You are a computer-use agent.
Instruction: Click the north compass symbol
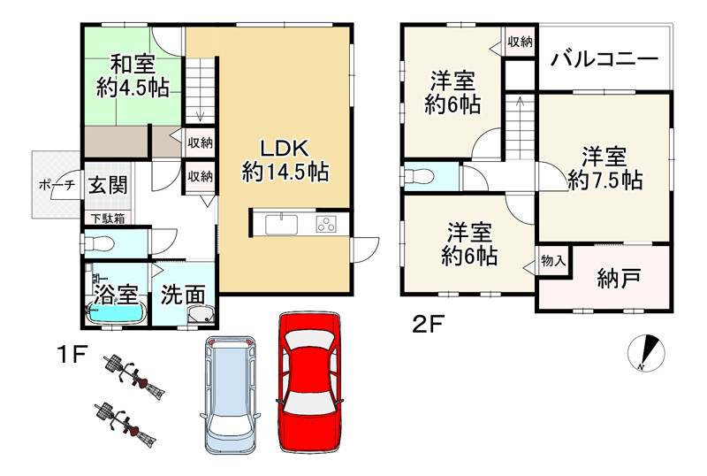coord(647,353)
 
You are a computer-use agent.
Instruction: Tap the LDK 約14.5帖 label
coord(285,159)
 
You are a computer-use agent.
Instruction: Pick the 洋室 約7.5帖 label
coord(604,168)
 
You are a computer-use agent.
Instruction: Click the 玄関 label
coord(107,186)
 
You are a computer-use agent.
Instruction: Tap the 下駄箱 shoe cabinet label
coord(107,217)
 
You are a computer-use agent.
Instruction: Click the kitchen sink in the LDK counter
coord(284,222)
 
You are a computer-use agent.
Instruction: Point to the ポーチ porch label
coord(49,186)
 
